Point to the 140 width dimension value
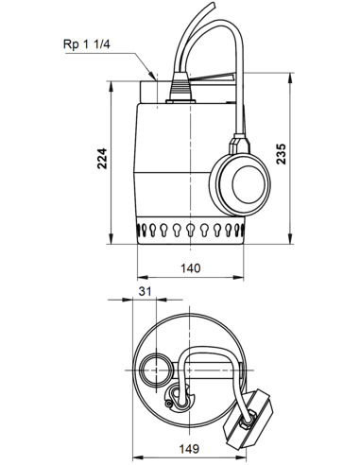(191, 267)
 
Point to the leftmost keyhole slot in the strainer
(141, 229)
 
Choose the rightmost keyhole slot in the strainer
(243, 229)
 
